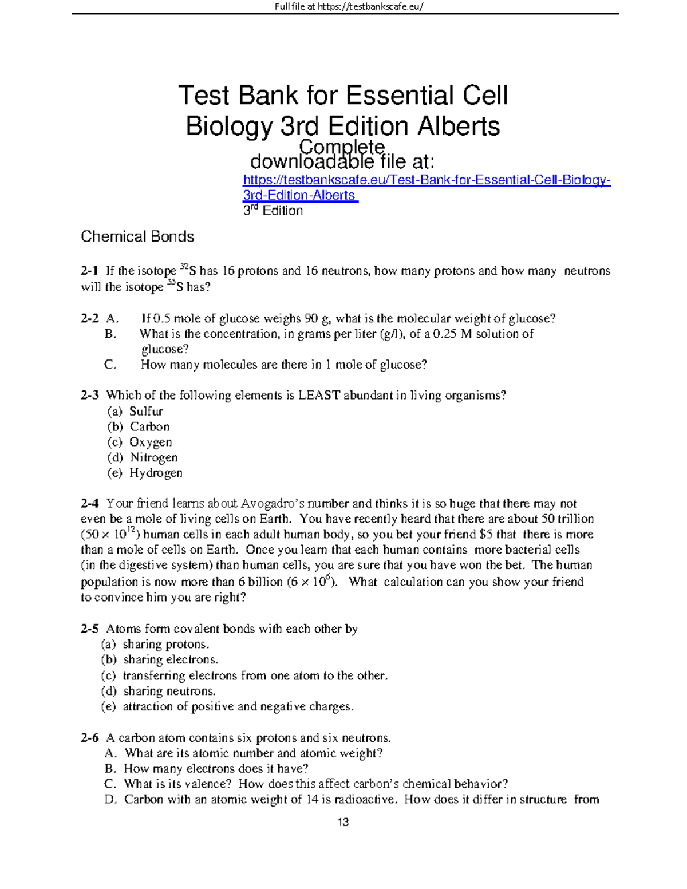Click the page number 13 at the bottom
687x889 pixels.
click(x=343, y=823)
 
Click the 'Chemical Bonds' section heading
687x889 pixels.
click(x=137, y=237)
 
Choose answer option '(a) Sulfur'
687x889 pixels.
click(x=135, y=412)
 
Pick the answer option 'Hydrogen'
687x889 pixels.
click(x=156, y=473)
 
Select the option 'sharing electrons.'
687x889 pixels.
click(x=171, y=660)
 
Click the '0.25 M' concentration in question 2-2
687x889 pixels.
click(x=450, y=334)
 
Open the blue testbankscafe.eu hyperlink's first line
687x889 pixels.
click(x=427, y=180)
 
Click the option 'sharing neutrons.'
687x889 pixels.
click(x=169, y=691)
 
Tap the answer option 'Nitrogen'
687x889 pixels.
click(x=153, y=458)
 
